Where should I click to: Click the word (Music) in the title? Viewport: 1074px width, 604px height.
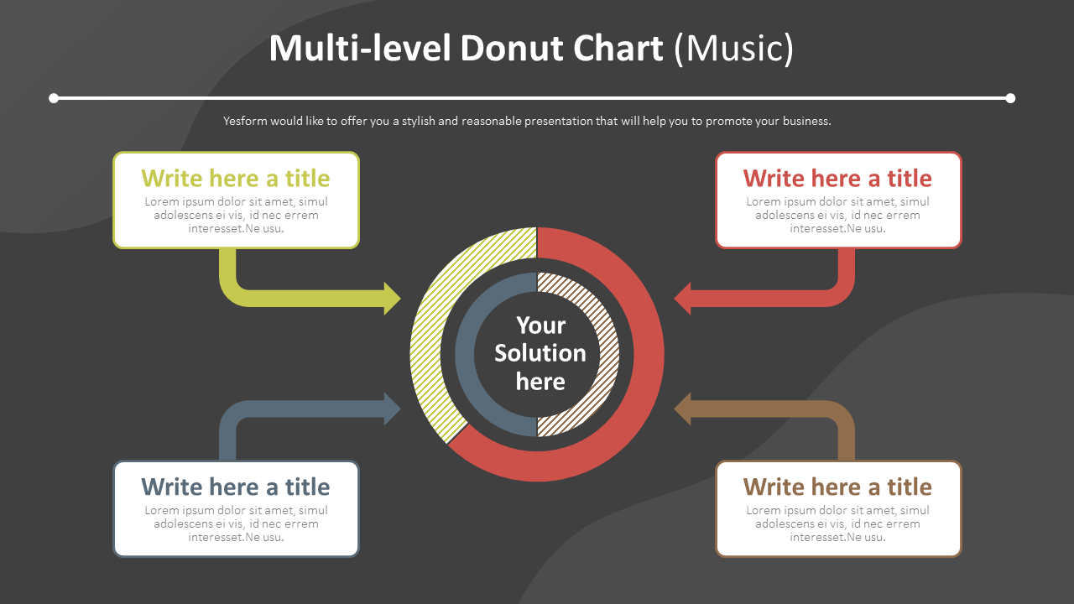[x=733, y=49]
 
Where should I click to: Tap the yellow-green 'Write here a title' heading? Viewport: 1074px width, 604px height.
[x=236, y=179]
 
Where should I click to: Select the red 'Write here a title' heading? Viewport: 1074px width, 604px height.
[x=837, y=179]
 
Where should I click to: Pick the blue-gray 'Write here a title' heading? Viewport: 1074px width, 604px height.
[x=236, y=487]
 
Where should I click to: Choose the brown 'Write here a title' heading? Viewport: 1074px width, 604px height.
[x=837, y=487]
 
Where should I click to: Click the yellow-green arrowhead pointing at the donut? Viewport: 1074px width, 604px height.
[x=392, y=299]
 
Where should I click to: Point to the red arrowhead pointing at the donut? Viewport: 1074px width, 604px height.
[x=683, y=299]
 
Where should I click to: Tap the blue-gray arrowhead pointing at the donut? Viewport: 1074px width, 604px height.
[x=392, y=409]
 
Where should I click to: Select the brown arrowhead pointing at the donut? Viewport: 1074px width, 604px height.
[x=683, y=409]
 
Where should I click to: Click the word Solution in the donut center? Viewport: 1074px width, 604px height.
[x=540, y=353]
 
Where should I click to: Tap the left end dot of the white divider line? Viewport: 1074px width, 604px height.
[x=54, y=98]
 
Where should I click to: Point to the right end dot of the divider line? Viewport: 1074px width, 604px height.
[x=1010, y=98]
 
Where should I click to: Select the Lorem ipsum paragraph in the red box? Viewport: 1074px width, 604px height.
[x=837, y=215]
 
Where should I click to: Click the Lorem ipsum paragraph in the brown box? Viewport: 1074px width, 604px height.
[x=837, y=523]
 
